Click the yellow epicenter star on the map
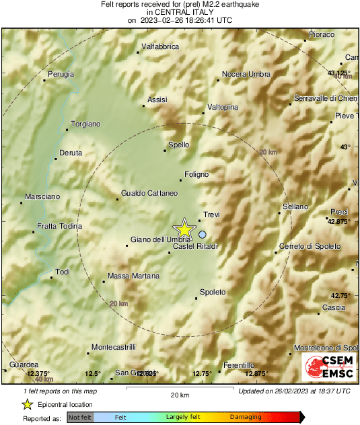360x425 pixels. tap(184, 229)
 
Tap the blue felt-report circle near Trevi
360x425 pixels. tap(203, 234)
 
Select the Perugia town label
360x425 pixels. tap(61, 74)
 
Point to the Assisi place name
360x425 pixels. tap(157, 100)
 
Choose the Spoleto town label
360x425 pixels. tap(213, 292)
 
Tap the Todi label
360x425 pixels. tap(63, 272)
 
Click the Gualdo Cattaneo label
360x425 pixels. tap(149, 194)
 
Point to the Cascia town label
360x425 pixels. tap(334, 307)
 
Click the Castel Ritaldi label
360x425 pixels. tap(196, 247)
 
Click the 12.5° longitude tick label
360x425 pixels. tap(92, 374)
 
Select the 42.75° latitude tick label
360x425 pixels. tap(339, 295)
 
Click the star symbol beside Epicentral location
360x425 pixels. tap(27, 404)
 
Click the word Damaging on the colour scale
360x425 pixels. tap(247, 418)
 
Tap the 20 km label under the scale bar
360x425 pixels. tap(180, 394)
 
